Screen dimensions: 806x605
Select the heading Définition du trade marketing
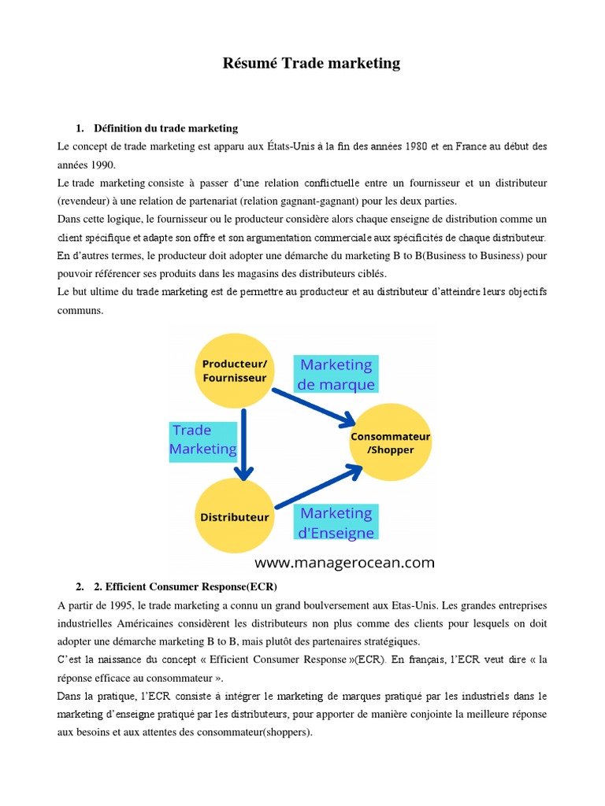point(165,128)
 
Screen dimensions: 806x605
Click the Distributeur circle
point(234,517)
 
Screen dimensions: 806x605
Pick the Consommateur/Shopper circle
point(391,442)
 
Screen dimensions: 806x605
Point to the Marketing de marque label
point(336,375)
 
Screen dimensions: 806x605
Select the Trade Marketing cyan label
point(203,439)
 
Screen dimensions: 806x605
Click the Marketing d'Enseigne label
point(336,522)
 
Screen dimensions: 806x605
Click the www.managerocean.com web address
point(344,562)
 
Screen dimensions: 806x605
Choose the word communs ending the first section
point(80,310)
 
